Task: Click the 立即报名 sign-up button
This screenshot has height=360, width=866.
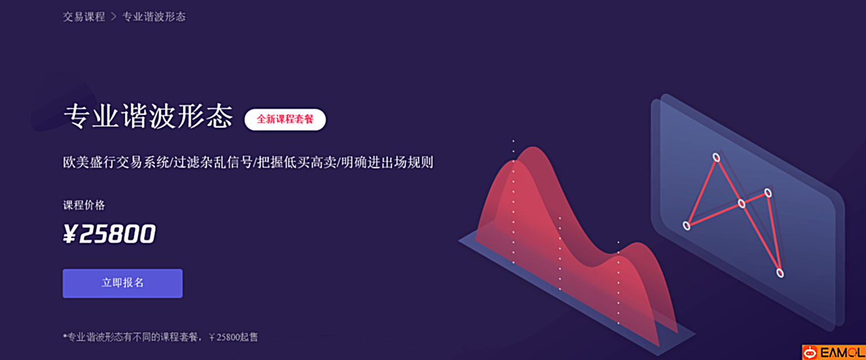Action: (122, 283)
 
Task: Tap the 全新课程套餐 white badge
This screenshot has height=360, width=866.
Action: (285, 119)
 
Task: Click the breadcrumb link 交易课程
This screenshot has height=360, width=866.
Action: (84, 17)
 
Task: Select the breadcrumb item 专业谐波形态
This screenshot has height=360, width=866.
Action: (154, 17)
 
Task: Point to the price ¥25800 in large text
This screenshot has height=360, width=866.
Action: (110, 234)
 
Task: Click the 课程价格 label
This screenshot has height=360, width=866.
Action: (84, 205)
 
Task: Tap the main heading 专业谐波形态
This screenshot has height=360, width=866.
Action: (148, 115)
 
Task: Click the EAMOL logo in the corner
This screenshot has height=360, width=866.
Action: (834, 352)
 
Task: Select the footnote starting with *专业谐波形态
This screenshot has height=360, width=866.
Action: (160, 337)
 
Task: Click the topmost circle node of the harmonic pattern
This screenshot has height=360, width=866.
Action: (716, 157)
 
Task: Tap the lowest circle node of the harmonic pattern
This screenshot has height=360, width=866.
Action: (780, 273)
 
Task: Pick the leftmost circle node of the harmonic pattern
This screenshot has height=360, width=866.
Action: (687, 226)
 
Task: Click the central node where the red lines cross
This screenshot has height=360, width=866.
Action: (741, 203)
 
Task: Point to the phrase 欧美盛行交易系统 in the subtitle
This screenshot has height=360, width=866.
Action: (116, 162)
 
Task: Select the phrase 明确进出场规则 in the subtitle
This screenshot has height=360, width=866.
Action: (387, 162)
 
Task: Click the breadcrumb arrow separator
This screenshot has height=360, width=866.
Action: (114, 17)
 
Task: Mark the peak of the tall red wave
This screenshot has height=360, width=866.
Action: (533, 147)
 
